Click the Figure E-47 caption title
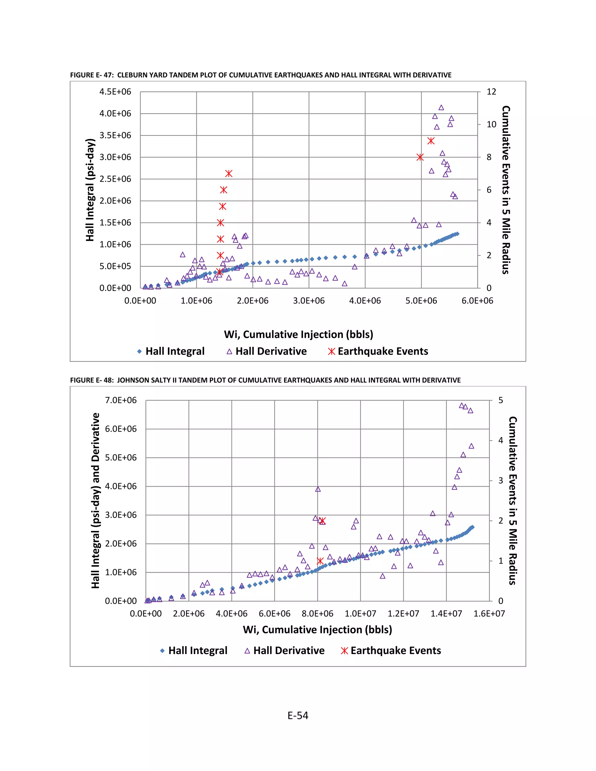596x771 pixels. [260, 75]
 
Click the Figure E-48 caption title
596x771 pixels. [265, 380]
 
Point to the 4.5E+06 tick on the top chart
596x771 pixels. [115, 92]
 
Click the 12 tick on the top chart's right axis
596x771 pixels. [491, 92]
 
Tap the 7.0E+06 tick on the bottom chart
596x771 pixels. [121, 400]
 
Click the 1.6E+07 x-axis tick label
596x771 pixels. [489, 614]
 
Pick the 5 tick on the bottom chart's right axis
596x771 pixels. [500, 400]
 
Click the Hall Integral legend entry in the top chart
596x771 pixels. [171, 351]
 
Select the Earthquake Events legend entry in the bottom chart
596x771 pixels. [391, 651]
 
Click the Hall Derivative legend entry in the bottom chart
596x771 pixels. [284, 651]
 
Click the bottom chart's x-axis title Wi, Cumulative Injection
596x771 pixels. [317, 630]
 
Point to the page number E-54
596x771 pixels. [298, 716]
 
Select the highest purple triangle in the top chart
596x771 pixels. [441, 108]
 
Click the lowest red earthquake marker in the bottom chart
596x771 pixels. [320, 561]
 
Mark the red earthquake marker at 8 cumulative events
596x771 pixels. [420, 157]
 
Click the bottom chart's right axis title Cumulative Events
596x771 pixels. [513, 501]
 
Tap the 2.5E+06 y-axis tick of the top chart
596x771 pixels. [115, 179]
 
